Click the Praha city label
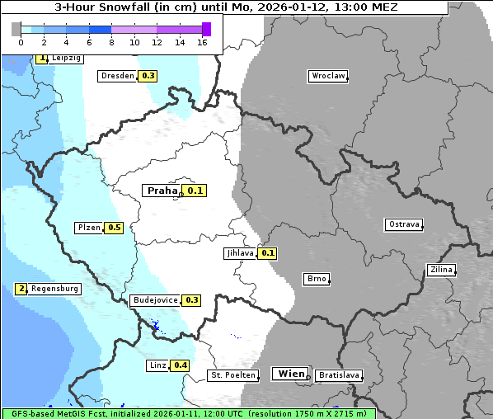pyautogui.click(x=162, y=191)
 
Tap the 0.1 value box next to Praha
pyautogui.click(x=195, y=191)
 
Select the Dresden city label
pyautogui.click(x=117, y=76)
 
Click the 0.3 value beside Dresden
pyautogui.click(x=148, y=76)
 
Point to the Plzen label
pyautogui.click(x=89, y=228)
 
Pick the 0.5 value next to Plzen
pyautogui.click(x=114, y=228)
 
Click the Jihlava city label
pyautogui.click(x=239, y=253)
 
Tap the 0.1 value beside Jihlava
pyautogui.click(x=268, y=253)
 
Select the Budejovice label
pyautogui.click(x=154, y=300)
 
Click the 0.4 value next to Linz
pyautogui.click(x=181, y=365)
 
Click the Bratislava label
pyautogui.click(x=339, y=375)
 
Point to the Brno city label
pyautogui.click(x=317, y=279)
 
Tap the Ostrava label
pyautogui.click(x=404, y=224)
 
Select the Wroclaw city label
pyautogui.click(x=327, y=76)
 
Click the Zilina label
pyautogui.click(x=441, y=270)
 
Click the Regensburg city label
pyautogui.click(x=54, y=289)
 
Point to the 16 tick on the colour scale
pyautogui.click(x=203, y=42)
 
